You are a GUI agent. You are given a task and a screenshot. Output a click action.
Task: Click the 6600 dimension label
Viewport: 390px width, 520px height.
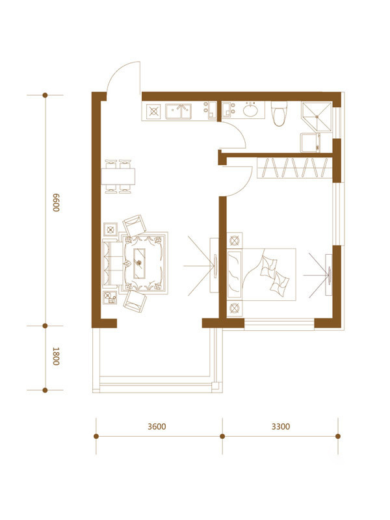56,202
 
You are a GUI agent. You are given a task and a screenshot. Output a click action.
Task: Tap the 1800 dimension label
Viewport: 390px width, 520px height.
56,356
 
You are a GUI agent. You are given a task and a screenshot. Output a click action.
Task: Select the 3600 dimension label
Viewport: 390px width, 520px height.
157,426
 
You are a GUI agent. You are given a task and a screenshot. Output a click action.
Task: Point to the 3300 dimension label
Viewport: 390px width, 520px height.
281,426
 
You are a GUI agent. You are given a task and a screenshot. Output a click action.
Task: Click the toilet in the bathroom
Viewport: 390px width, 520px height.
279,113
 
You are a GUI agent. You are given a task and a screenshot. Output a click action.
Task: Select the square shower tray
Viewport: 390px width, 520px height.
317,117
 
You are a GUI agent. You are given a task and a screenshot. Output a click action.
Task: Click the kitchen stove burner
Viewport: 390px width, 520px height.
153,111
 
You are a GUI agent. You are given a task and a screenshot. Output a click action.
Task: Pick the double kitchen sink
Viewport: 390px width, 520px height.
178,111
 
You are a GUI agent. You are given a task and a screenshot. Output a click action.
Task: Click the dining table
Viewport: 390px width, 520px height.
118,176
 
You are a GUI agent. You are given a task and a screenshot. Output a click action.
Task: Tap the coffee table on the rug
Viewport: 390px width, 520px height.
139,263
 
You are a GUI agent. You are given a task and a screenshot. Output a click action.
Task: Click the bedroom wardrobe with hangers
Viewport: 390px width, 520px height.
294,168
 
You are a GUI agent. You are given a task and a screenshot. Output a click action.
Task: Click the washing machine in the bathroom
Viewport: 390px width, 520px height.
310,142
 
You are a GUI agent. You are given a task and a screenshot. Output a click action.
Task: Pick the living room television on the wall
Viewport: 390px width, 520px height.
214,265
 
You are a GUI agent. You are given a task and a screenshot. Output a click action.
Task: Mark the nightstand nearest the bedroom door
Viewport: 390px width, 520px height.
235,240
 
